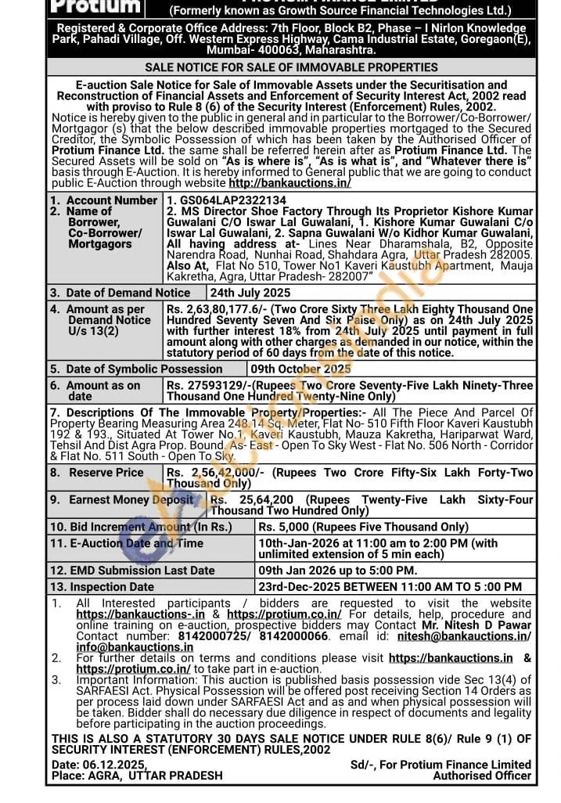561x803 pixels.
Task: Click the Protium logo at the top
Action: [x=95, y=6]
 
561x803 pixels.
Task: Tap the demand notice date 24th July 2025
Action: [x=250, y=293]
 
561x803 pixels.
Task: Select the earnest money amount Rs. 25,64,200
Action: [x=252, y=499]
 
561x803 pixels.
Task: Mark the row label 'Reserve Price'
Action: [x=106, y=473]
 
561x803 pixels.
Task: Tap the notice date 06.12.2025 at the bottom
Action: [x=100, y=765]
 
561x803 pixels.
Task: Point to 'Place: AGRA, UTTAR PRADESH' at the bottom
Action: [x=137, y=776]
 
